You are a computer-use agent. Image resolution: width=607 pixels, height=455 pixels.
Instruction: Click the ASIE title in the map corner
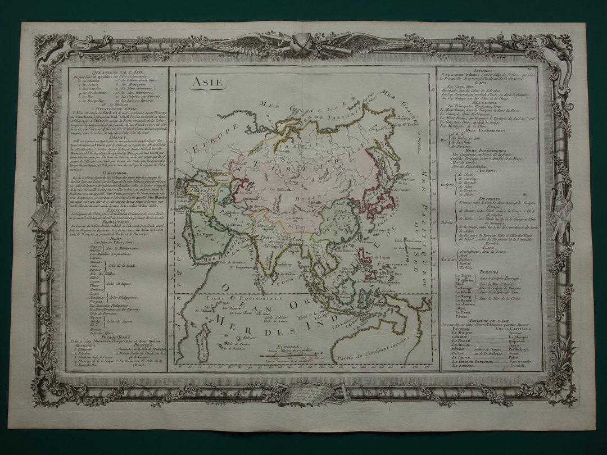click(201, 81)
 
